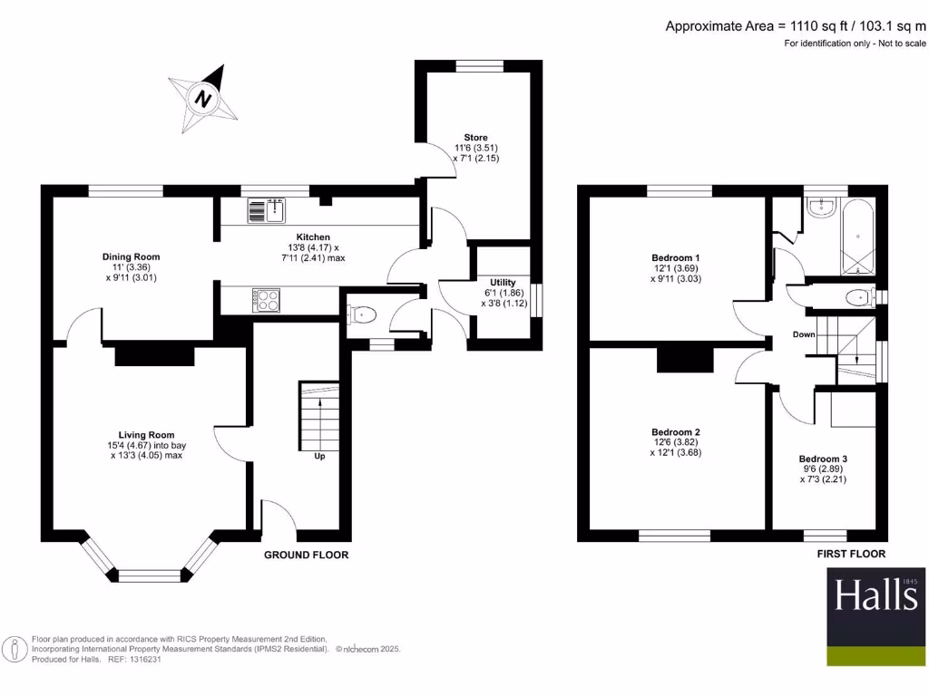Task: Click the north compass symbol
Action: coord(204,99)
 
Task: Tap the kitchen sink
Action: coord(266,211)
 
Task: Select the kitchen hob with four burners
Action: coord(266,300)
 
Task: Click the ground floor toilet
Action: coord(362,314)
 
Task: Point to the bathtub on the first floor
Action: coord(857,237)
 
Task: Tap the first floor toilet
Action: coord(856,296)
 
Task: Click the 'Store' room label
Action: coord(476,138)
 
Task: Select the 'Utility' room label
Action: coord(504,283)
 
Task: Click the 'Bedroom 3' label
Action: coord(823,459)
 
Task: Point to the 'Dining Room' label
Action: coord(131,256)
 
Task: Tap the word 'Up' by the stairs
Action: coord(319,456)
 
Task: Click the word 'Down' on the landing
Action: coord(804,334)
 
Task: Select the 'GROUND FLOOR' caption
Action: coord(306,555)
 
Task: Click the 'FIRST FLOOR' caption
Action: coord(850,553)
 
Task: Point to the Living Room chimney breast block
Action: coord(155,356)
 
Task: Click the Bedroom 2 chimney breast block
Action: coord(686,360)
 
